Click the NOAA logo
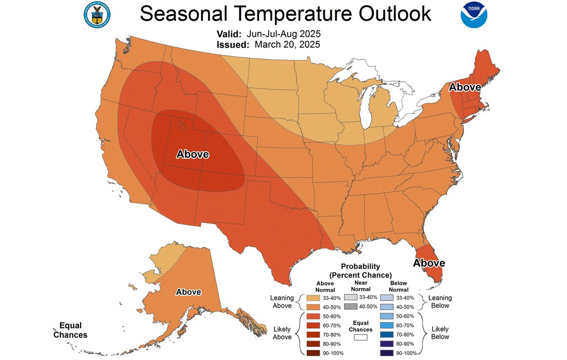(x=474, y=15)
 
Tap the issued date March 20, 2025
(x=288, y=44)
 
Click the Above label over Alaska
(x=188, y=292)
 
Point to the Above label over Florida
(x=429, y=263)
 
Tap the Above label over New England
(x=465, y=87)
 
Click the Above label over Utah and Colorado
(x=192, y=154)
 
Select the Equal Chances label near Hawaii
(x=70, y=330)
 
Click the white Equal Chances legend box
(x=361, y=337)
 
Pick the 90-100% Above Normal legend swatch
(x=309, y=352)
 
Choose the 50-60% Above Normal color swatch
(x=309, y=316)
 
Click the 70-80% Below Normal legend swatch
(x=388, y=334)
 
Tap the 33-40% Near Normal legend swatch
(x=350, y=297)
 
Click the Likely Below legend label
(x=440, y=333)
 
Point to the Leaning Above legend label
(x=282, y=301)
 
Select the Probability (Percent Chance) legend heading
(x=360, y=271)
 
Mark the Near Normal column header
(x=361, y=286)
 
